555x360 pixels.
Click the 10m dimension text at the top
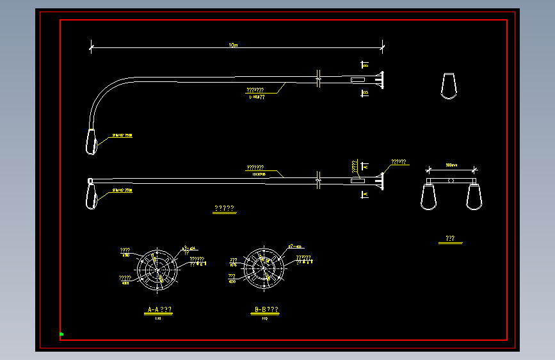[x=233, y=45]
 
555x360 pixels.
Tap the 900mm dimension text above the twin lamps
[x=451, y=165]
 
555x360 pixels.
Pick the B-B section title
[x=266, y=310]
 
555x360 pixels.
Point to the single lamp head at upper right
[x=449, y=86]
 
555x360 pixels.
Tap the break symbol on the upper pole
[x=318, y=80]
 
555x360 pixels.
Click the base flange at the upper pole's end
[x=381, y=80]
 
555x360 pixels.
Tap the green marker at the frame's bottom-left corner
[x=61, y=334]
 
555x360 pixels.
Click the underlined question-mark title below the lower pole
[x=224, y=209]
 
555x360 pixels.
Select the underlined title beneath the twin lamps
[x=450, y=239]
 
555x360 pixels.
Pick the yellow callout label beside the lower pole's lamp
[x=122, y=190]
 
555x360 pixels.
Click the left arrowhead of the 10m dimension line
[x=92, y=47]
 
